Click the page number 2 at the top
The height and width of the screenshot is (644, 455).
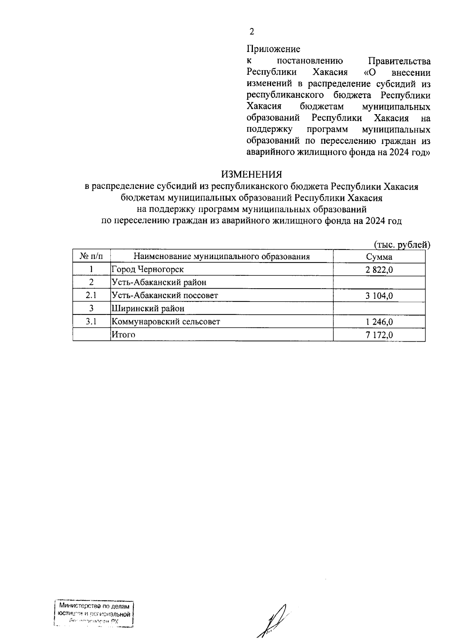251,31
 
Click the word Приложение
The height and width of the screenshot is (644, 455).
273,49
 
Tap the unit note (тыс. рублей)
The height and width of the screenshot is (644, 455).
402,245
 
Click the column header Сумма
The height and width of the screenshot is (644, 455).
379,257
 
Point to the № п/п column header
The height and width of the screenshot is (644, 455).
91,256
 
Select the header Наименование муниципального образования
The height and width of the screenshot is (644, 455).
221,257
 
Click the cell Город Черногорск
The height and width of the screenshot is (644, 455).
147,270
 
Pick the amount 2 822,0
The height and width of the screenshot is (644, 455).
379,270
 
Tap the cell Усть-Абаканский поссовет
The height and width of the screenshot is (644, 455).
165,295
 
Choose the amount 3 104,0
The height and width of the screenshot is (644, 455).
379,296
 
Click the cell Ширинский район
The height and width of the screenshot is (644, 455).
148,309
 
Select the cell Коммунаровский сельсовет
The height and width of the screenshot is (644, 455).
166,322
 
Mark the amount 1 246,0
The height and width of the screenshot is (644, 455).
379,322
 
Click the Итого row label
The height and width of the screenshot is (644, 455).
123,335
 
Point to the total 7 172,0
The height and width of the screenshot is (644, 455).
379,335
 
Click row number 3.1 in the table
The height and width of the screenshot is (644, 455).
91,322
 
